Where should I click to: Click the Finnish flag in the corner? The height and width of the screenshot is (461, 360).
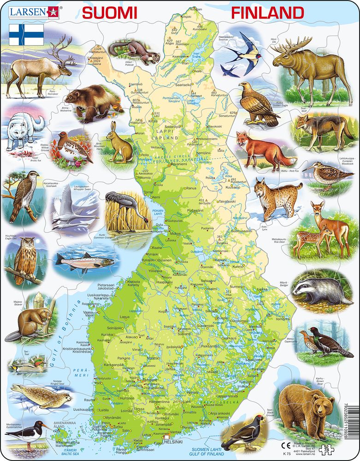click(26, 35)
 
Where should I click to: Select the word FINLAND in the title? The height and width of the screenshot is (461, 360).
click(267, 13)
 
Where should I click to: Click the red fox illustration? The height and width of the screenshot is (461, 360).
click(260, 150)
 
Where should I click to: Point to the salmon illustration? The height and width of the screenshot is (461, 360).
click(85, 260)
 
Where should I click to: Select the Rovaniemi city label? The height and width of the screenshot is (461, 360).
click(179, 164)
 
